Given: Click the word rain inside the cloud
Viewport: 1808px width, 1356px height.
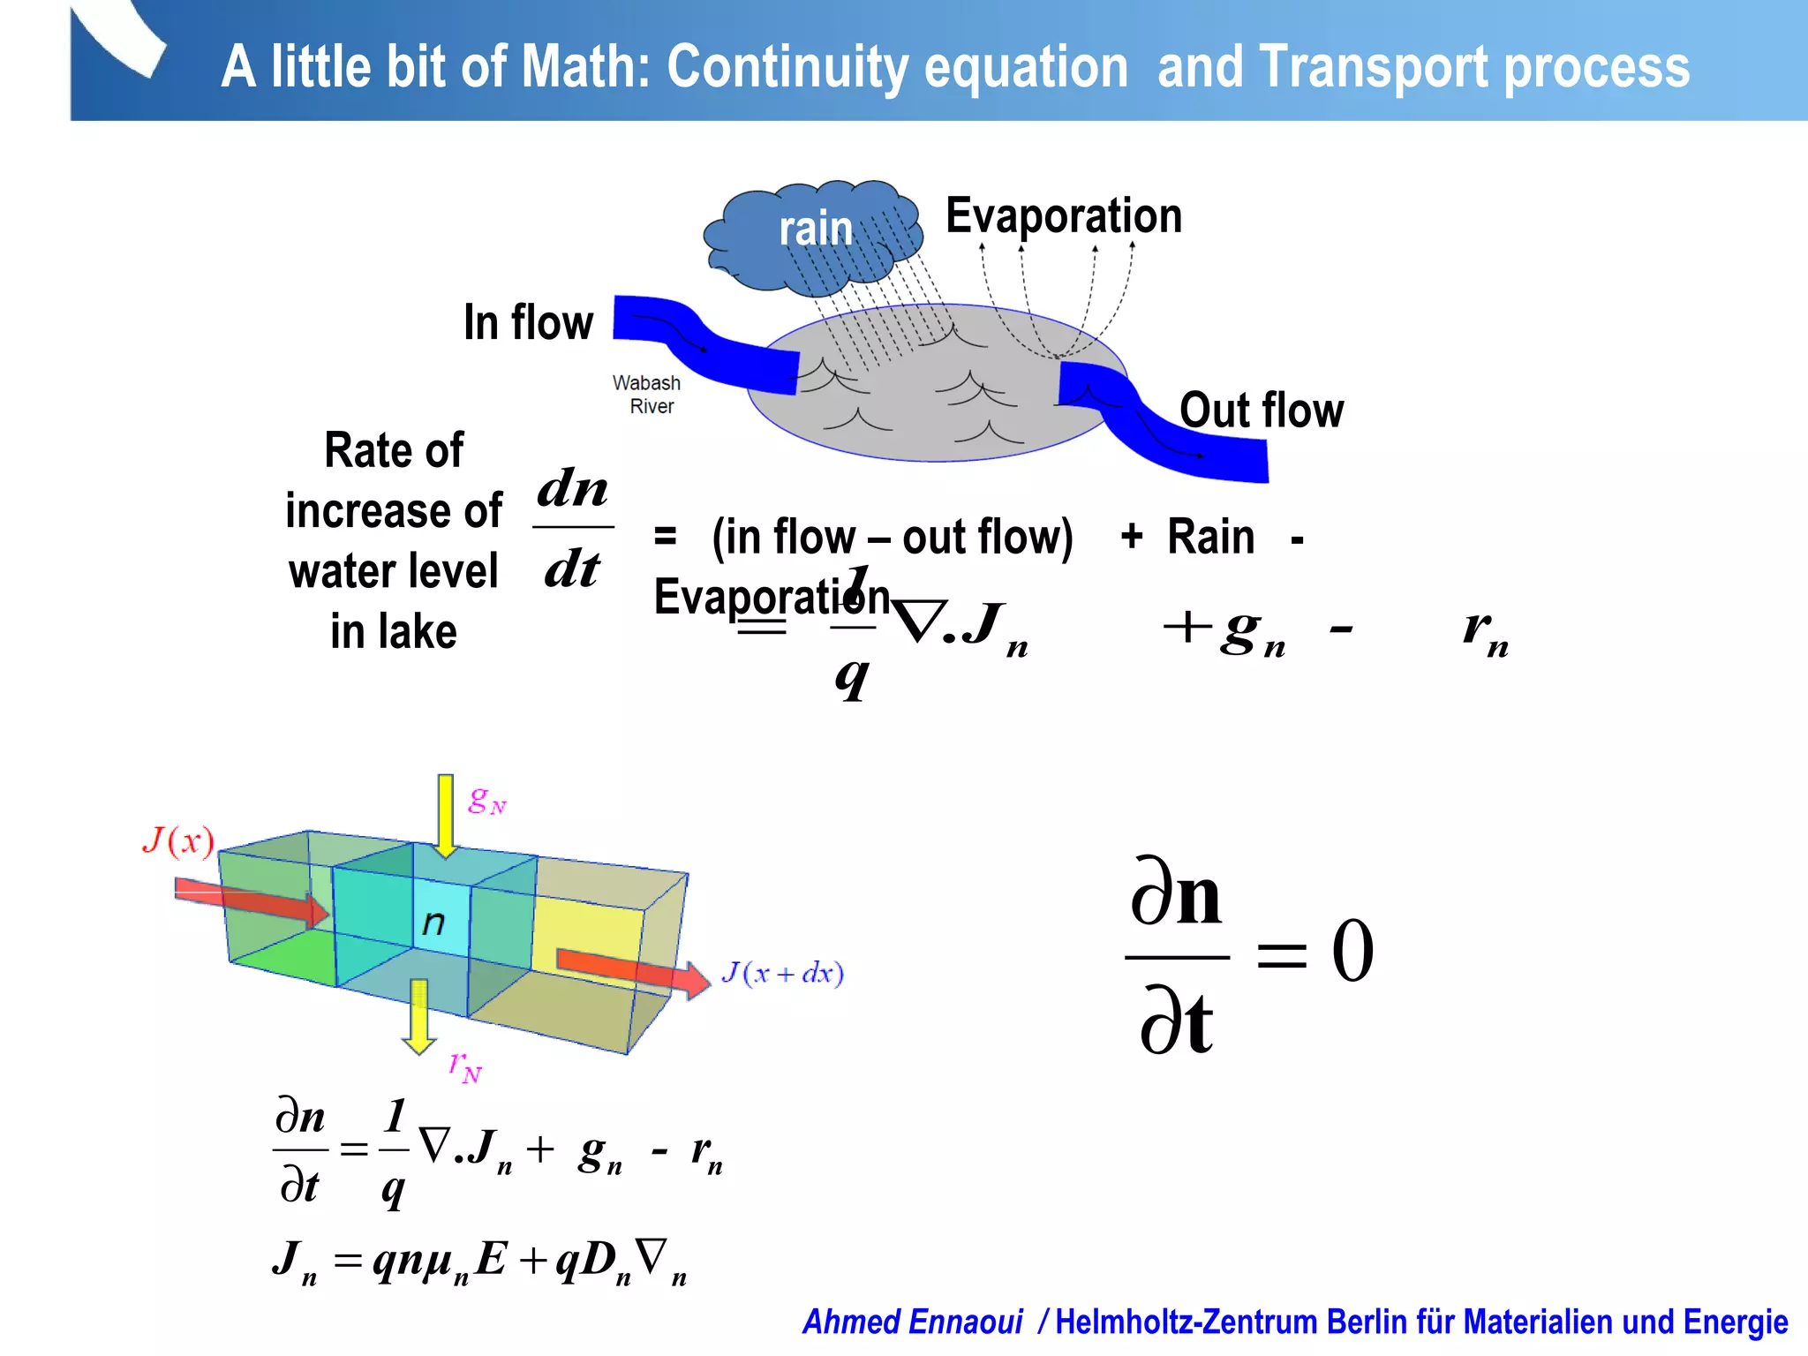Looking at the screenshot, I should (816, 229).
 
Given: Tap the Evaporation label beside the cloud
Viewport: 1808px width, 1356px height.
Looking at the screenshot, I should (1063, 216).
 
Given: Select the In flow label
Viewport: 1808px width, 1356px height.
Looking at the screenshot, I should (528, 322).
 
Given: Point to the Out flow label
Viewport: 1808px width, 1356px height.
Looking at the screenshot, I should (1262, 411).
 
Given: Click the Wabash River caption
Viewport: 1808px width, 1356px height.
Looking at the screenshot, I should (647, 395).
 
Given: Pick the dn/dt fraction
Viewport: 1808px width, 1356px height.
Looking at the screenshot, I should (573, 528).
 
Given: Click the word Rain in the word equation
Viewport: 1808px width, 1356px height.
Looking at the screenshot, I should (1210, 537).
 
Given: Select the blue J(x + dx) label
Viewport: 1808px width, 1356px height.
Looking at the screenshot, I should (782, 973).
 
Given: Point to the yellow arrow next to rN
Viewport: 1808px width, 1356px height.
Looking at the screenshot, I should (419, 1016).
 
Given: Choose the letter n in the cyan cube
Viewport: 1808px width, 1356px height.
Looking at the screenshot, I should (433, 923).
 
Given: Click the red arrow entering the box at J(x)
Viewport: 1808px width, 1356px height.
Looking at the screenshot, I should (252, 901).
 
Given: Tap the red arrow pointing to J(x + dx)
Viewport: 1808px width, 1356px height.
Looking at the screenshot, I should (632, 970).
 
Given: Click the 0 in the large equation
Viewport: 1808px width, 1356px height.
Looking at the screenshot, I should (1352, 951).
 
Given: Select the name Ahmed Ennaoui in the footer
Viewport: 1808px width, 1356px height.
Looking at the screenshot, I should (912, 1322).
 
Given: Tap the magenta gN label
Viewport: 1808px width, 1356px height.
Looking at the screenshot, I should (487, 801).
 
